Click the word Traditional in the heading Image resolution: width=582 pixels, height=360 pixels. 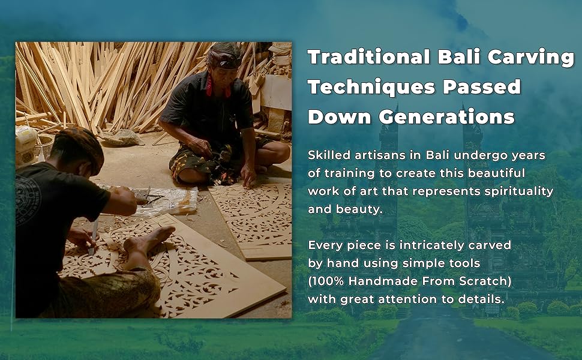point(369,57)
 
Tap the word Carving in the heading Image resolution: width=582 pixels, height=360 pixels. point(531,58)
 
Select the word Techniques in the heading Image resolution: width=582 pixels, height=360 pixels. point(371,87)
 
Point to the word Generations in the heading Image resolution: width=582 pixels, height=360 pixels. point(446,116)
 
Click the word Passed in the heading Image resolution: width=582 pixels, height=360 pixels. point(482,86)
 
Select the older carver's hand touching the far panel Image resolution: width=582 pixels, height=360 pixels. point(248,176)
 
